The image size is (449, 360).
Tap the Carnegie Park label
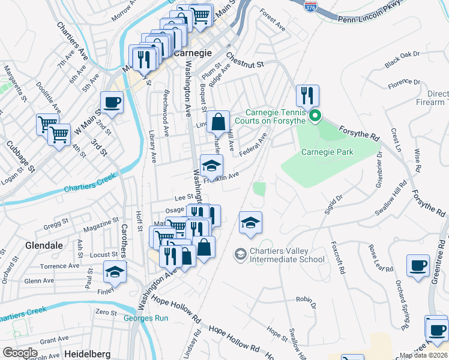click(x=327, y=152)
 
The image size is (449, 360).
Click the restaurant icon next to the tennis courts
click(x=307, y=95)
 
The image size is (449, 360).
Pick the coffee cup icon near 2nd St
click(x=112, y=101)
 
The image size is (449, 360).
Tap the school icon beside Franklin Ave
click(x=211, y=165)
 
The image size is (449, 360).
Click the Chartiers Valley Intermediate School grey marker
click(x=240, y=254)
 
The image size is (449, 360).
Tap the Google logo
click(x=20, y=353)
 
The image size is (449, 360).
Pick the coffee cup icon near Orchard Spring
click(x=418, y=265)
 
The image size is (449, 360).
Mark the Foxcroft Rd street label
click(x=342, y=258)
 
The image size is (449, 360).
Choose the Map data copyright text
click(x=424, y=355)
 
